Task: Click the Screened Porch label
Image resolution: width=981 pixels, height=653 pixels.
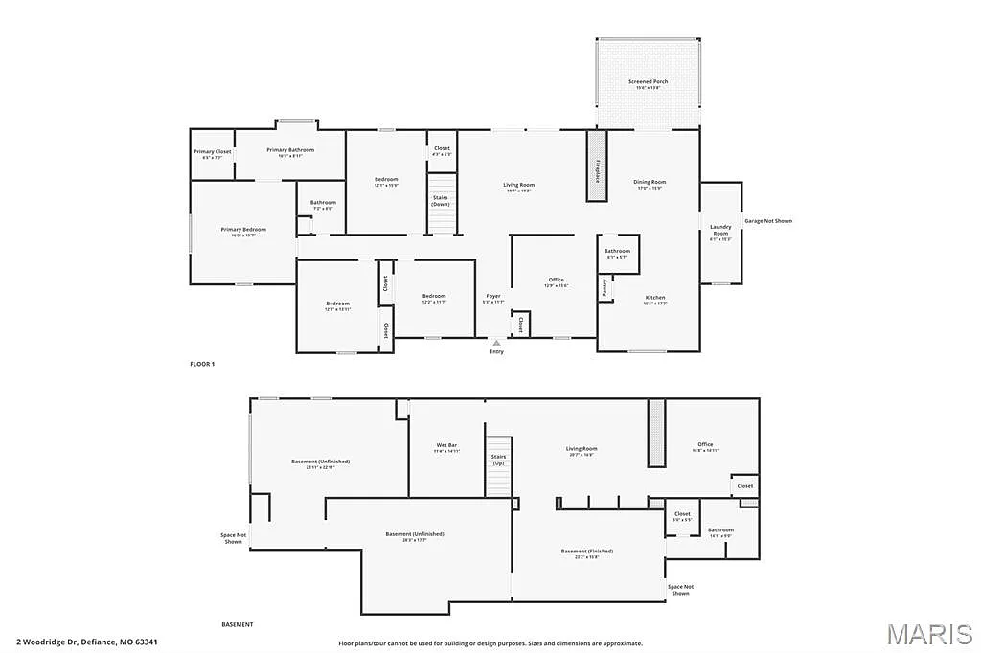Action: (x=648, y=82)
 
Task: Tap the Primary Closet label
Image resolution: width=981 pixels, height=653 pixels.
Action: (x=212, y=152)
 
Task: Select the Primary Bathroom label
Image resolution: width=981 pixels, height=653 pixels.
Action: (x=290, y=150)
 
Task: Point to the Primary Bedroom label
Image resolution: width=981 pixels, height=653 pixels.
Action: (x=243, y=230)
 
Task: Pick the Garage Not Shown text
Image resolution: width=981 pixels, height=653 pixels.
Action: (x=768, y=221)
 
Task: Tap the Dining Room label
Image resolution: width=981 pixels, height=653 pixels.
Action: (x=650, y=182)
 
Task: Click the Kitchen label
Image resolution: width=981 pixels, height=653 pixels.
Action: (x=655, y=298)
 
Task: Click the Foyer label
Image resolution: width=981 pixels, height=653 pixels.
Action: (x=492, y=297)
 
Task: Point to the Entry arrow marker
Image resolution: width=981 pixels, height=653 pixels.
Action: (x=496, y=342)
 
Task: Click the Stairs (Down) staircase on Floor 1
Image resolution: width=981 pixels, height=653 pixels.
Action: (x=441, y=202)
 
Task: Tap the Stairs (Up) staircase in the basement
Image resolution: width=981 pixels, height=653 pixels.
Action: (x=498, y=466)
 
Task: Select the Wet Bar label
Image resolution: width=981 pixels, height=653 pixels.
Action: (x=446, y=446)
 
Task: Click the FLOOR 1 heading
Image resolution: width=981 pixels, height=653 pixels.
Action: (x=202, y=364)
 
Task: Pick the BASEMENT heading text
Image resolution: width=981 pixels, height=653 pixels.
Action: (x=238, y=624)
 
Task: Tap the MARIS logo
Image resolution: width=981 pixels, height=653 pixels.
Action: (x=928, y=634)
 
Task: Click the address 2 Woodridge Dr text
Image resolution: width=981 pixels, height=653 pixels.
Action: (x=86, y=642)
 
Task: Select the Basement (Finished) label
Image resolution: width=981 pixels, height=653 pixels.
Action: (x=586, y=552)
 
